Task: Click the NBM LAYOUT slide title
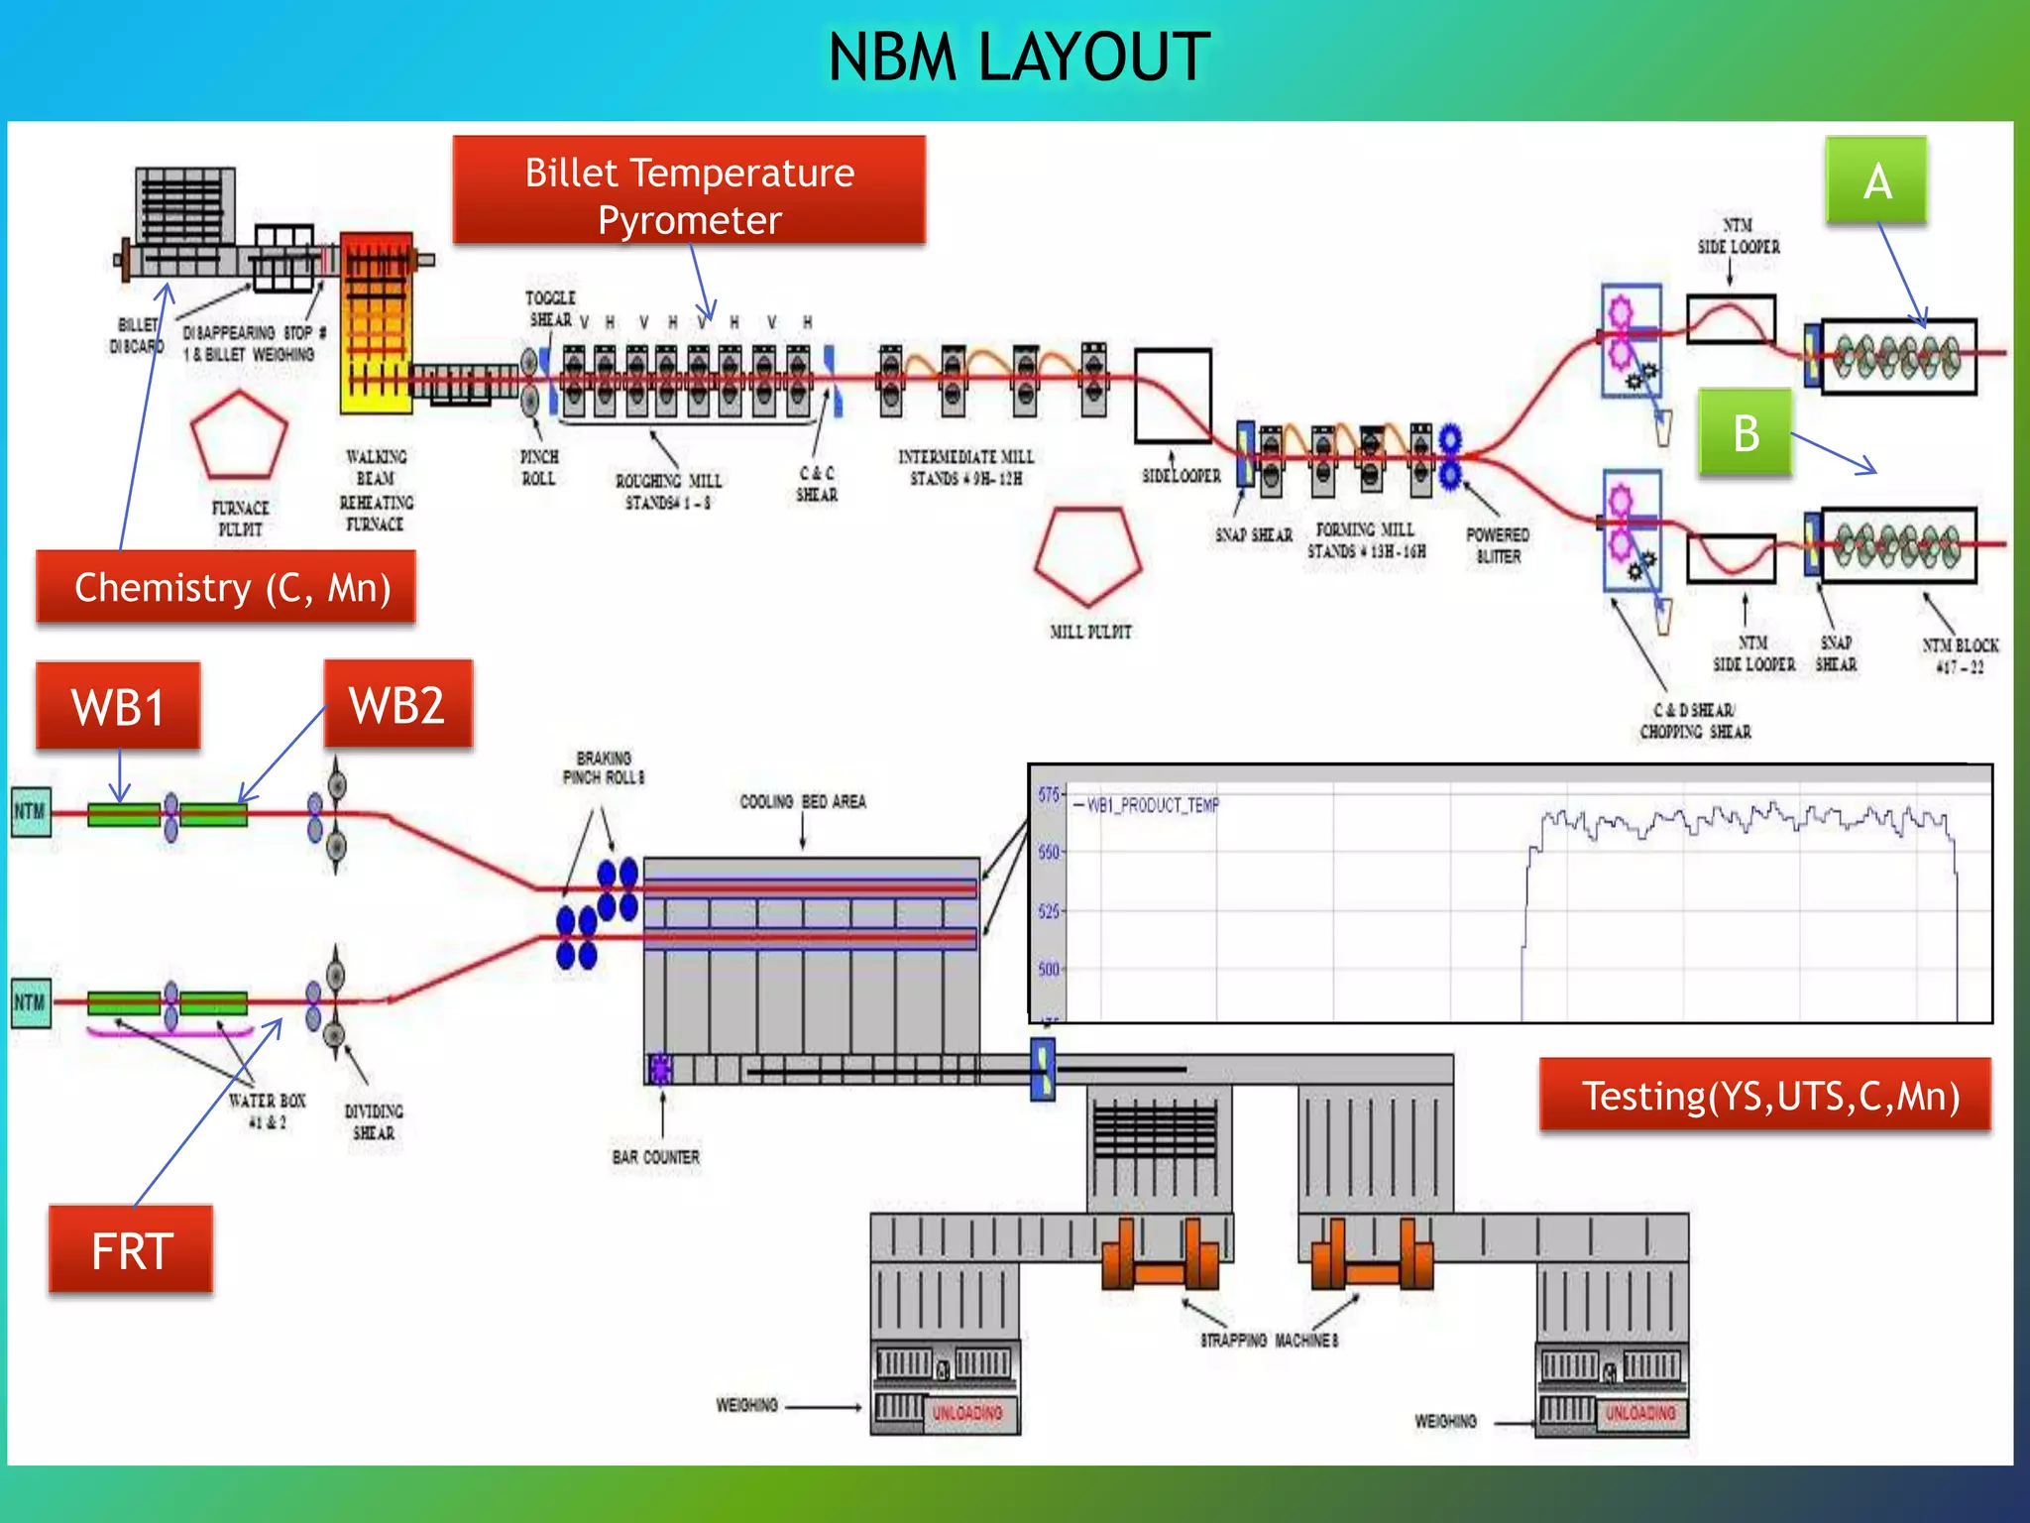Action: coord(1018,57)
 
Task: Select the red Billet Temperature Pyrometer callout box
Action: coord(689,191)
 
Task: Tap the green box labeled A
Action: coord(1876,180)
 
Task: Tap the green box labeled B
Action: coord(1745,433)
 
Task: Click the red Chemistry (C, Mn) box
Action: coord(227,587)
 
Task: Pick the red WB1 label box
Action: coord(118,707)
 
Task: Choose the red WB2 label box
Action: coord(397,705)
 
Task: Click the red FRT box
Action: coord(131,1250)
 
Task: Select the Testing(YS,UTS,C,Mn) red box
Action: coord(1765,1096)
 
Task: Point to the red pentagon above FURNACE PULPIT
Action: coord(239,436)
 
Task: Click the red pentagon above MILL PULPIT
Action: coord(1088,555)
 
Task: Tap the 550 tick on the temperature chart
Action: coord(1049,853)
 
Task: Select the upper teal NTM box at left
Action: coord(30,812)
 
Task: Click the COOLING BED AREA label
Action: coord(803,801)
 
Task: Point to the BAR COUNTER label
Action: coord(655,1157)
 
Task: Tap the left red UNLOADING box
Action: coord(965,1413)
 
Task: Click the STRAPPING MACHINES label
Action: coord(1269,1341)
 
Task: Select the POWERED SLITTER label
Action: coord(1498,545)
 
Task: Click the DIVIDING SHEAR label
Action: coord(374,1121)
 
